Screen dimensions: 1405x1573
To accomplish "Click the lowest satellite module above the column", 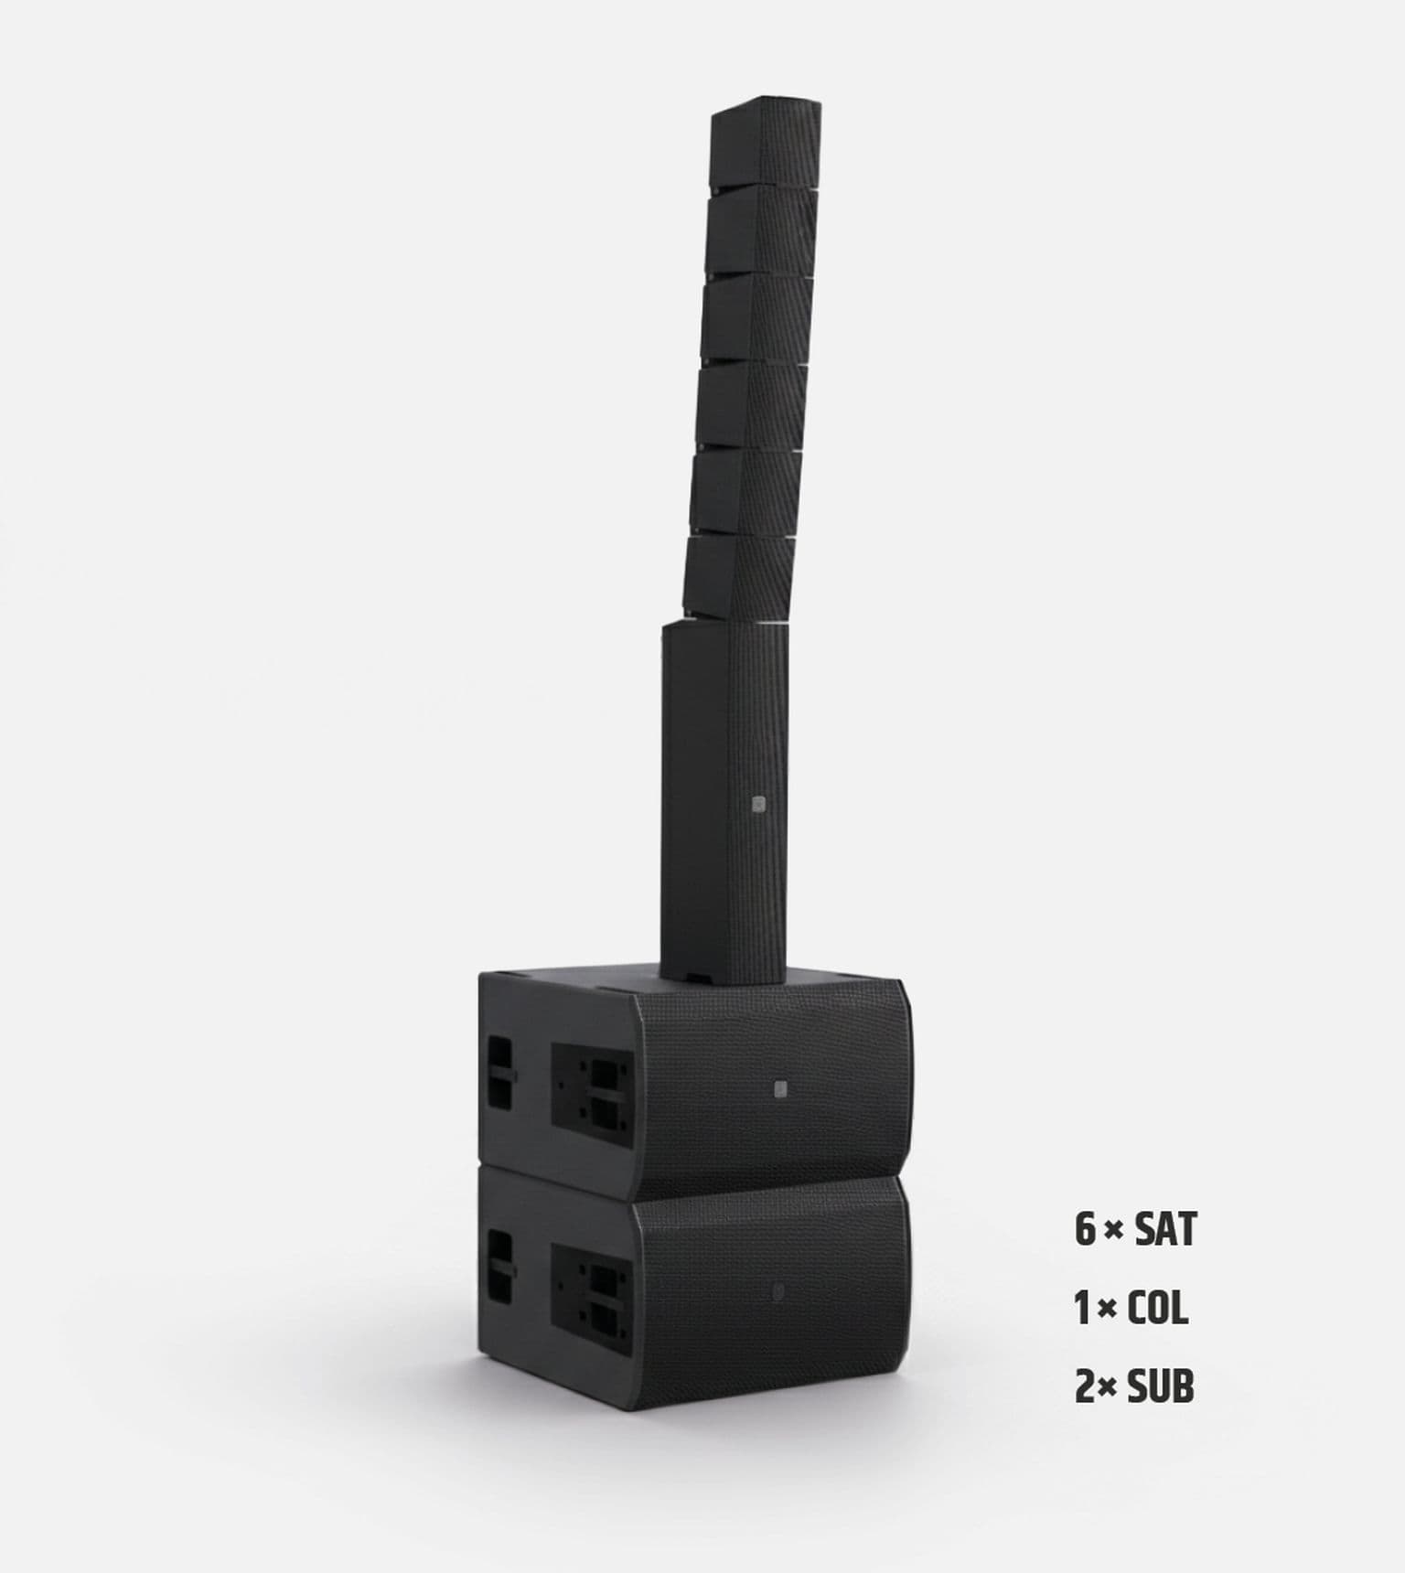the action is click(739, 576).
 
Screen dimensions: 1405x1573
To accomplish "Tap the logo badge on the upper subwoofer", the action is click(779, 1088).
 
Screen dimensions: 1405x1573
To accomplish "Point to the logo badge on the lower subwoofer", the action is click(778, 1291).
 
